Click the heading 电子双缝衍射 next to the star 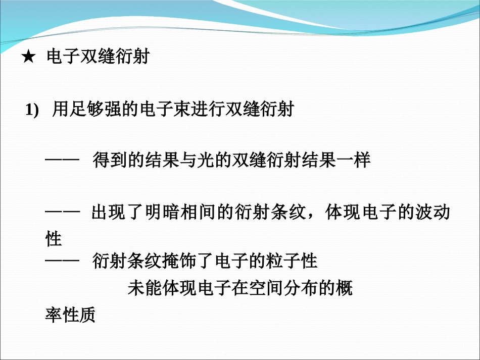[x=98, y=57]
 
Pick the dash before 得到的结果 [x=63, y=161]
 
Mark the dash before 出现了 [x=63, y=213]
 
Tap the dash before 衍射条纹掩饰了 [x=63, y=262]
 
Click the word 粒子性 [x=294, y=262]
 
